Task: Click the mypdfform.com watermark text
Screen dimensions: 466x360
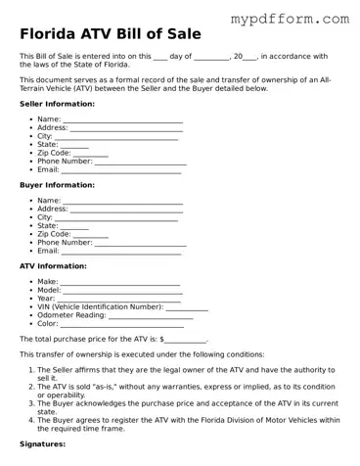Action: tap(290, 19)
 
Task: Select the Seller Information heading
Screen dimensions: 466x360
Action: tap(57, 104)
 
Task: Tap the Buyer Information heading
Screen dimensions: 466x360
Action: tap(57, 184)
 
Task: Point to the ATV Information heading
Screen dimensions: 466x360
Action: tap(53, 265)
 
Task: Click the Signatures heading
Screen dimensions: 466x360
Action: tap(42, 444)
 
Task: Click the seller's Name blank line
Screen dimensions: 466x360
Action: tap(122, 120)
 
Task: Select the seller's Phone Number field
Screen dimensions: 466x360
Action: tap(136, 162)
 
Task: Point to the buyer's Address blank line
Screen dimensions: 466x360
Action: tap(126, 210)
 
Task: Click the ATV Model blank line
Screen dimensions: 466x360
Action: tap(122, 292)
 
